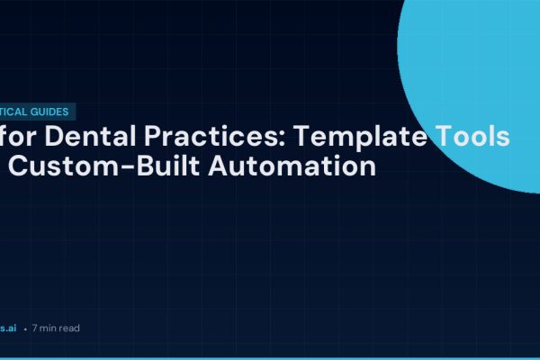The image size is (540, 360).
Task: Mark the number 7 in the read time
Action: click(x=34, y=328)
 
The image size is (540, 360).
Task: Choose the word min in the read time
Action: click(x=48, y=328)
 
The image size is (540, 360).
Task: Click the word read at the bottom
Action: click(x=69, y=328)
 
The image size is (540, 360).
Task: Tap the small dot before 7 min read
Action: click(x=24, y=329)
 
